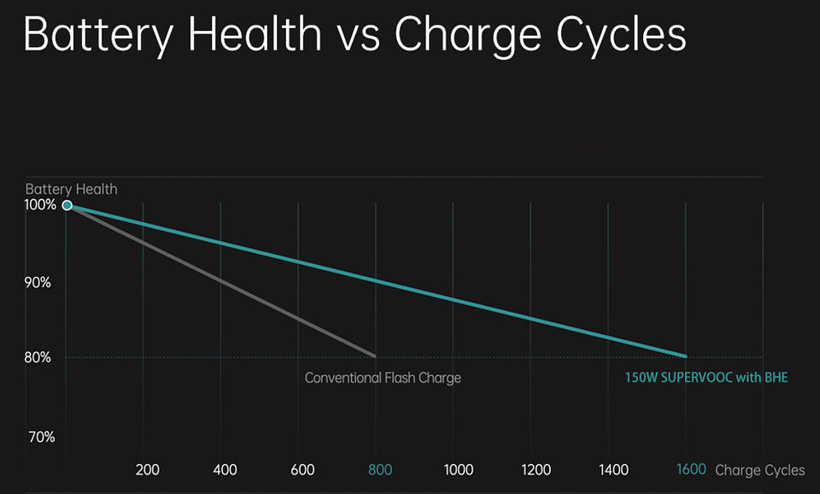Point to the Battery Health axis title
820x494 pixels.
click(71, 189)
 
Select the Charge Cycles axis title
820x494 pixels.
click(759, 470)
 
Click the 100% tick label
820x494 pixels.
click(40, 205)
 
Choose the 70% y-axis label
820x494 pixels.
click(42, 437)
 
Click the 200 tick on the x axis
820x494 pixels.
click(147, 470)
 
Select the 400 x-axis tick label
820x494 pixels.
click(225, 470)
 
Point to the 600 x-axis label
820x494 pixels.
click(302, 470)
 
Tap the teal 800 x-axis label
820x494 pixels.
click(380, 470)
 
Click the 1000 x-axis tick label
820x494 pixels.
click(459, 470)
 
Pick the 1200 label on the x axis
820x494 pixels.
click(536, 470)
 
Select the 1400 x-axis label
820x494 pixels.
click(613, 470)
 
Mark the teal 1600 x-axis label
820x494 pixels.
click(691, 470)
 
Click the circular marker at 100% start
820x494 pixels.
click(67, 205)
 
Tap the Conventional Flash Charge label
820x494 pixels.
click(383, 378)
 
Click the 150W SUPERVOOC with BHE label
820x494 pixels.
click(706, 377)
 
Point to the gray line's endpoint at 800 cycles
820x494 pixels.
click(374, 356)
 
